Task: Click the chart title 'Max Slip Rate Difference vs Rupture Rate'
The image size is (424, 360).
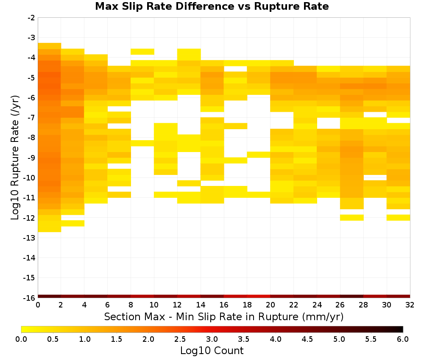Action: click(212, 6)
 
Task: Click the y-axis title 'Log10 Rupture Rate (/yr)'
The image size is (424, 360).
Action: click(15, 158)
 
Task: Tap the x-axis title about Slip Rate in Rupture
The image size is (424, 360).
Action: click(223, 316)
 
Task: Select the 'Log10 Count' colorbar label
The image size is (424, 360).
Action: click(212, 351)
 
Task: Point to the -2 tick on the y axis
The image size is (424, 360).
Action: click(31, 18)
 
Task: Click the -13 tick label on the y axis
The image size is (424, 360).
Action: click(30, 238)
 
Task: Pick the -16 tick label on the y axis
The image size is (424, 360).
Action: click(30, 298)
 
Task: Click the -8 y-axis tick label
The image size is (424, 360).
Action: click(31, 138)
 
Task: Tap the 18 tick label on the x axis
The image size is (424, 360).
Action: click(247, 305)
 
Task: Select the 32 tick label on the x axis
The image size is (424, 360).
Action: click(410, 305)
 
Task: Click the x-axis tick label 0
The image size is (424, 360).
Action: click(38, 305)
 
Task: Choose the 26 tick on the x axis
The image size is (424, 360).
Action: click(340, 305)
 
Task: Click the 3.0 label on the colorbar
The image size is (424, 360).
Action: click(212, 339)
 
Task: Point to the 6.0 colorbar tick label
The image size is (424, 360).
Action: click(403, 339)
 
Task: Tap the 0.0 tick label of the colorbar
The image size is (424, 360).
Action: click(21, 339)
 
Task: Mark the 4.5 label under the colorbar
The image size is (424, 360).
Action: click(307, 339)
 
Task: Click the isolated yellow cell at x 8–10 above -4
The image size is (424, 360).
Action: click(142, 52)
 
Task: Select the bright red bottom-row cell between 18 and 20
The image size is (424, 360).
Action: click(259, 296)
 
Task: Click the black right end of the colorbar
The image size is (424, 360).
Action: click(401, 329)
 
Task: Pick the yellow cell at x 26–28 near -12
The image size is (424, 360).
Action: click(351, 217)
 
